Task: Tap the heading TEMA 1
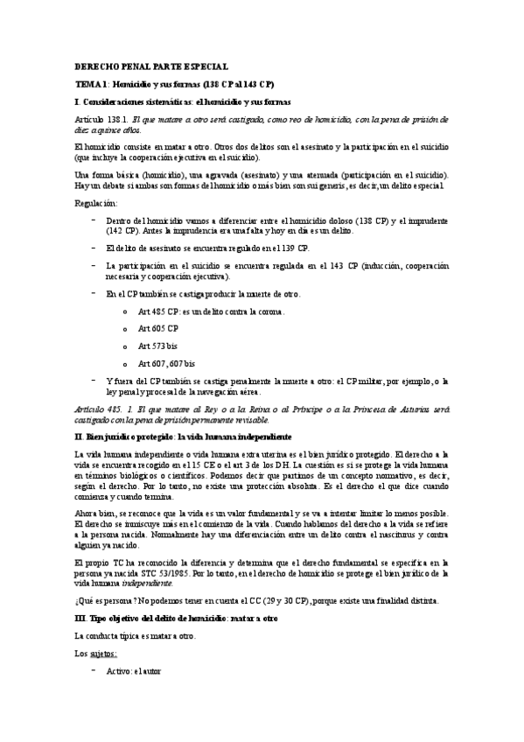tap(91, 84)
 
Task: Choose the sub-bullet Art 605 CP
tap(158, 328)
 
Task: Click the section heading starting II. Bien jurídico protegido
tap(184, 436)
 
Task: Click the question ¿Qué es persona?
tap(113, 600)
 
